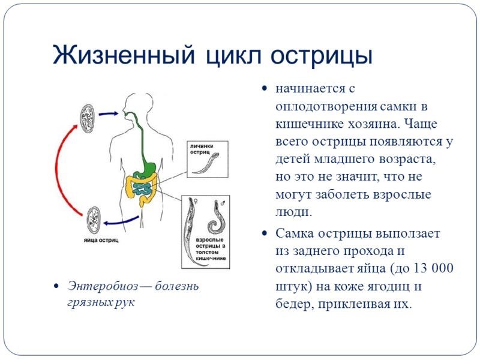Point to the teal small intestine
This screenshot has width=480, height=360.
pyautogui.click(x=143, y=188)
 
